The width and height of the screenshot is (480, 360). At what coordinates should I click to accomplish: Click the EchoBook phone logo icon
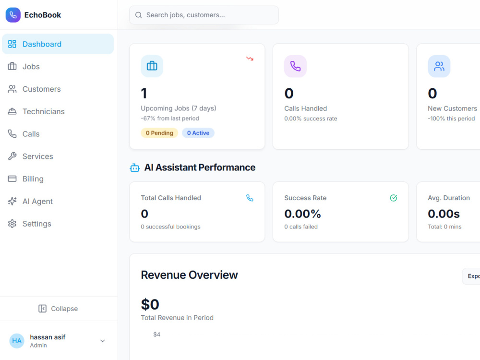(13, 15)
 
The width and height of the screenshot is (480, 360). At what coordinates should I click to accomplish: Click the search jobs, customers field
(204, 15)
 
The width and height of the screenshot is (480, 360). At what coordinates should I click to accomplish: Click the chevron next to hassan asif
(103, 341)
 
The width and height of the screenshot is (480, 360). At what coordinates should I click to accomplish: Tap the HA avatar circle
(17, 341)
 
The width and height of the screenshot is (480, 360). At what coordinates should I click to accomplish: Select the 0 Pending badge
(159, 133)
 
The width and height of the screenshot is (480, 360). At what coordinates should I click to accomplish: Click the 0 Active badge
(198, 133)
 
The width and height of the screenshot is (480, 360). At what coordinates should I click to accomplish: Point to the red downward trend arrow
(250, 59)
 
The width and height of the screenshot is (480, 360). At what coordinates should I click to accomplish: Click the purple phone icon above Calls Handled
(295, 66)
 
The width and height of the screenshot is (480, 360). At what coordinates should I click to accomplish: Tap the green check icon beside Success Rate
(394, 198)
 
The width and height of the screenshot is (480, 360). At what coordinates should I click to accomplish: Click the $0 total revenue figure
(150, 304)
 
